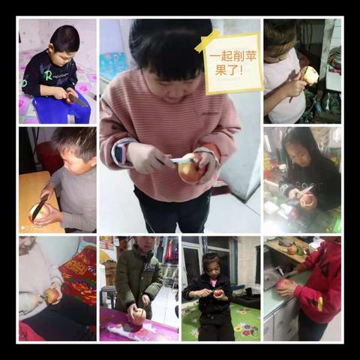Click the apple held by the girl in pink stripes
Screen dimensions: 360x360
pos(190,168)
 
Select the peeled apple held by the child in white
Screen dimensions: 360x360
pos(310,76)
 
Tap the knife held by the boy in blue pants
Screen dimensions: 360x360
pos(76,99)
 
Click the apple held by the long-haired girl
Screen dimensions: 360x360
pos(308,200)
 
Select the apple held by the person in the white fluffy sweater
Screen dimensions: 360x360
pos(51,295)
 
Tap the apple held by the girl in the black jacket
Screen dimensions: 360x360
pos(219,293)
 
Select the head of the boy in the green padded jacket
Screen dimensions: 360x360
pos(145,244)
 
